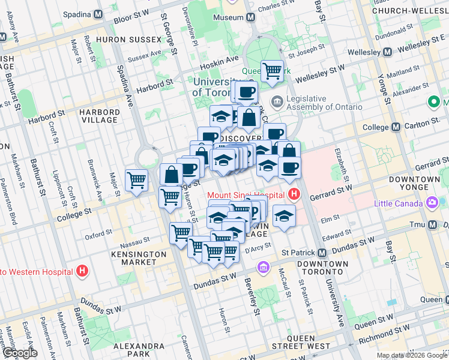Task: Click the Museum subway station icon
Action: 249,17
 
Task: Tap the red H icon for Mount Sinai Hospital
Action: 294,194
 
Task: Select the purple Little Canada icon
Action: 431,202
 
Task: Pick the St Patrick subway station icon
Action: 322,253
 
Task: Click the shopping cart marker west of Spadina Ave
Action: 137,179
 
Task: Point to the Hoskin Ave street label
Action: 224,58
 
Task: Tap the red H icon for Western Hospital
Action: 83,271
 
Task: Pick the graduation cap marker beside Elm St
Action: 284,215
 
